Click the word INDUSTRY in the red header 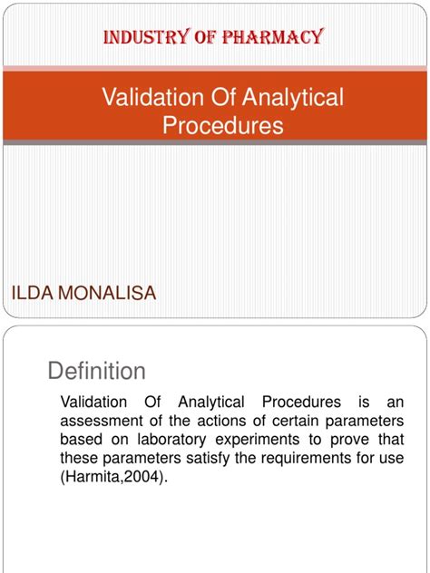pos(137,38)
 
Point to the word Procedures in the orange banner pos(222,125)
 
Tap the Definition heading pos(95,371)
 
